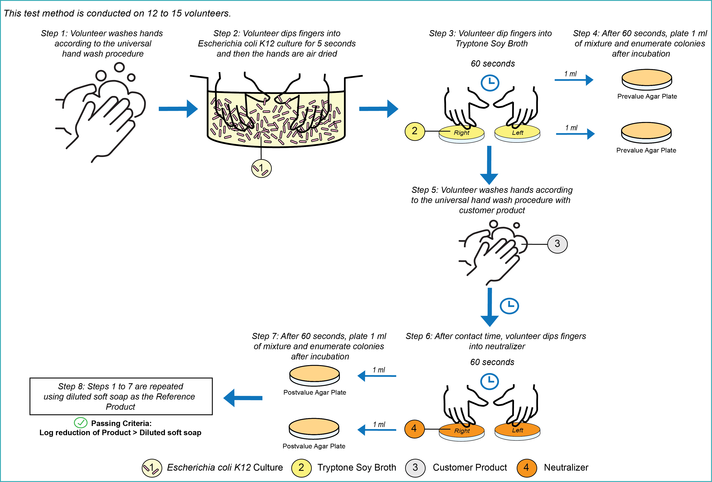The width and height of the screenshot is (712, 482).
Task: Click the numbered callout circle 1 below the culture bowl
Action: click(261, 168)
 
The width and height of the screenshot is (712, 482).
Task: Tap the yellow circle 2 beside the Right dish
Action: click(415, 131)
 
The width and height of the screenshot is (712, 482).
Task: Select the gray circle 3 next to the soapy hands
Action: click(557, 244)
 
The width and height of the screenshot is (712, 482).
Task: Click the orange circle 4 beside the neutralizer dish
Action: click(414, 429)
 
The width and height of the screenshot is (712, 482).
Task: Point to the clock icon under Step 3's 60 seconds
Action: click(490, 83)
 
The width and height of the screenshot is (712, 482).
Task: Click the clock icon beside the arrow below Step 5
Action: click(509, 305)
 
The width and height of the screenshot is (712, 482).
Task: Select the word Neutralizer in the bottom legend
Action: click(566, 468)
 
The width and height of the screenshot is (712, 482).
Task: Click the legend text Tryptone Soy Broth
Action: click(357, 468)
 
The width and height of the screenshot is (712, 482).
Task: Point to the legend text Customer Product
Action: click(470, 468)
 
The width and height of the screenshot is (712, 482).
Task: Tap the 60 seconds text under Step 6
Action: click(492, 362)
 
